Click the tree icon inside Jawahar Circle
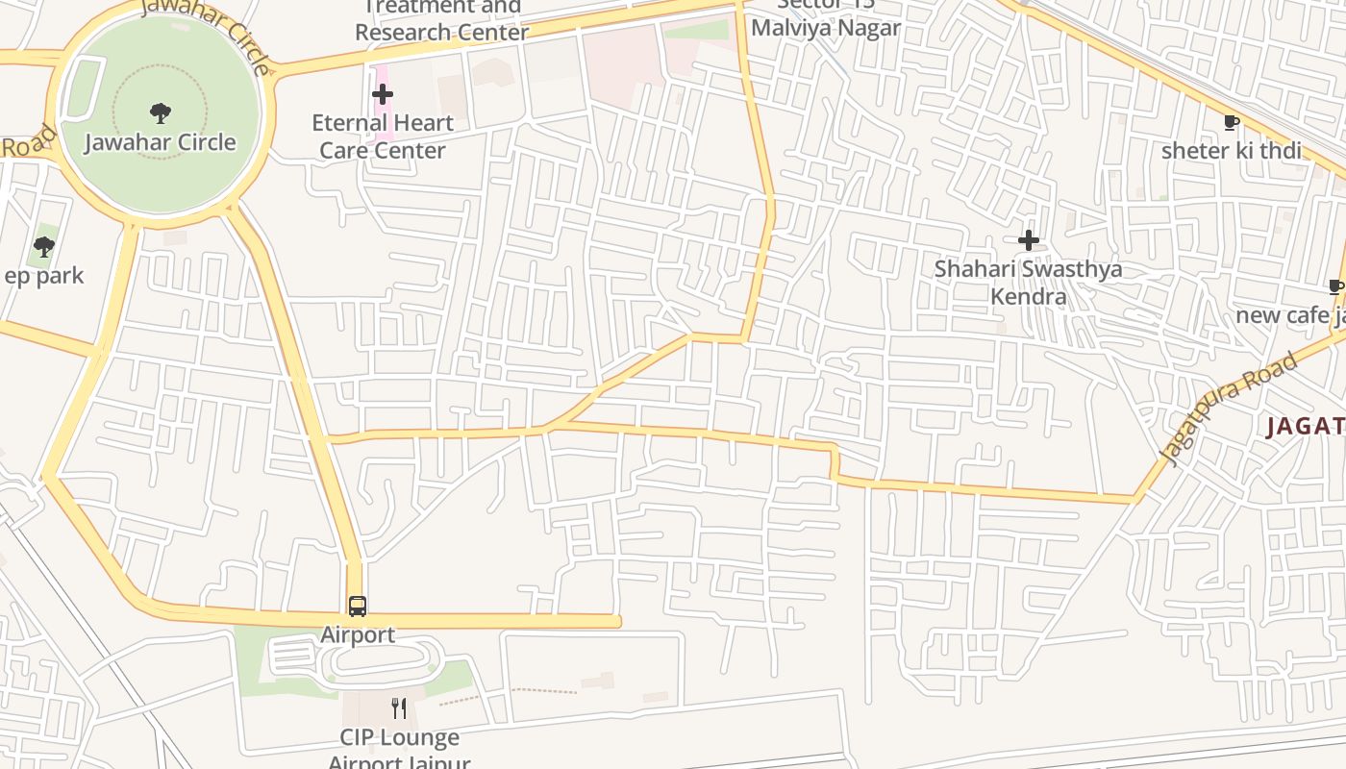pyautogui.click(x=161, y=113)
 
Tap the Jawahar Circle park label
pyautogui.click(x=161, y=142)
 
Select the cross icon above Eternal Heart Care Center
pyautogui.click(x=383, y=94)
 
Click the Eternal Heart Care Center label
pyautogui.click(x=383, y=136)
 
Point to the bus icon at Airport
pyautogui.click(x=358, y=607)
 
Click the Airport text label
pyautogui.click(x=358, y=634)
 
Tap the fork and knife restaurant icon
pyautogui.click(x=399, y=709)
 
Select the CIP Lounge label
pyautogui.click(x=399, y=738)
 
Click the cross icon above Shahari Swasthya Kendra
pyautogui.click(x=1029, y=240)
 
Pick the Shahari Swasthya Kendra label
pyautogui.click(x=1028, y=282)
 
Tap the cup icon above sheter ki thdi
pyautogui.click(x=1231, y=122)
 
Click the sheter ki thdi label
pyautogui.click(x=1231, y=151)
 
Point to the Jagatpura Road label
pyautogui.click(x=1230, y=408)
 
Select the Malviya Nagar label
pyautogui.click(x=825, y=27)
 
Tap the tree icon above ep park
pyautogui.click(x=43, y=247)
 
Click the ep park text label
pyautogui.click(x=44, y=276)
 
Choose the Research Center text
pyautogui.click(x=441, y=32)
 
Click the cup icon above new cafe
pyautogui.click(x=1335, y=286)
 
